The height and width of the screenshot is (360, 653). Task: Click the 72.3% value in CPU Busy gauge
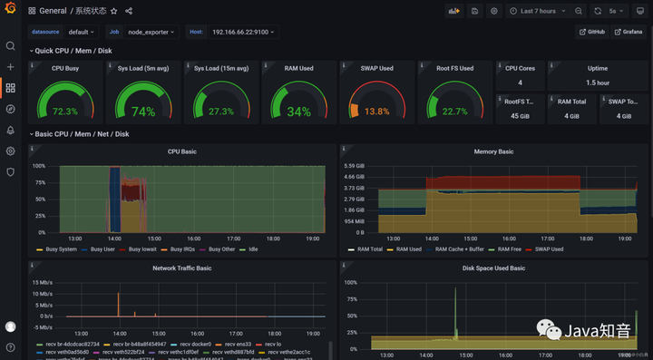pyautogui.click(x=65, y=112)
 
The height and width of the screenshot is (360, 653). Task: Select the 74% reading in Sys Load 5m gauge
pyautogui.click(x=143, y=112)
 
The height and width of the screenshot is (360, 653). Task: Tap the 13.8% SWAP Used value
pyautogui.click(x=376, y=112)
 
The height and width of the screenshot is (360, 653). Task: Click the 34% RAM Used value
pyautogui.click(x=298, y=112)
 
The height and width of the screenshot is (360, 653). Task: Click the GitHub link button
pyautogui.click(x=591, y=32)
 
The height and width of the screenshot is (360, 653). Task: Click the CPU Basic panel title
pyautogui.click(x=181, y=151)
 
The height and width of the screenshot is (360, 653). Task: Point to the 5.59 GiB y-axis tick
pyautogui.click(x=355, y=166)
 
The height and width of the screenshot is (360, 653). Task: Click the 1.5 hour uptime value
pyautogui.click(x=598, y=83)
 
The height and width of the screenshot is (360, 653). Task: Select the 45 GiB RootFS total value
pyautogui.click(x=520, y=115)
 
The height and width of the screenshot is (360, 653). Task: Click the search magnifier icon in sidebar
pyautogui.click(x=11, y=45)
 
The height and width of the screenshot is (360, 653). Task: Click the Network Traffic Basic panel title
pyautogui.click(x=181, y=268)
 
